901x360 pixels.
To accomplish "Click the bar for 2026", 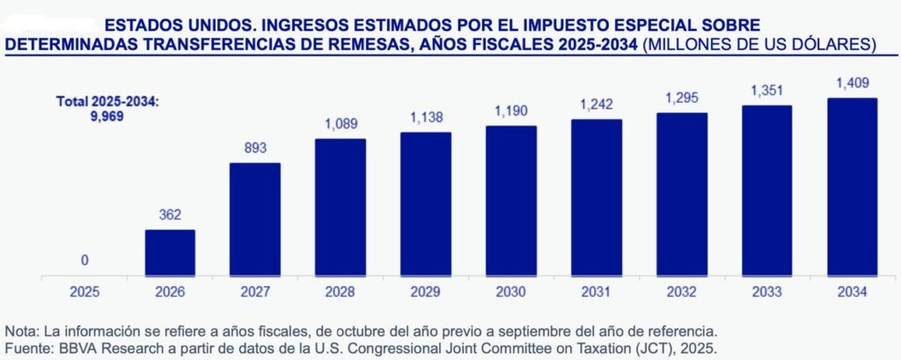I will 170,253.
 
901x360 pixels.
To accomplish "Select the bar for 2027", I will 255,220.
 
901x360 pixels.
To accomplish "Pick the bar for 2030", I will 511,202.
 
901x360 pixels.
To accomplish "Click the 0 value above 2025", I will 84,261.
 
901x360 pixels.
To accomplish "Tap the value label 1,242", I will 597,106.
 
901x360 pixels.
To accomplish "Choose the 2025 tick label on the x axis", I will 84,291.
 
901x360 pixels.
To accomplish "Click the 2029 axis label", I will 426,291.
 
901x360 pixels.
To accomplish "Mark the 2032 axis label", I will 682,291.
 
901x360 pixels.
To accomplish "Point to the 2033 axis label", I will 766,291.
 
